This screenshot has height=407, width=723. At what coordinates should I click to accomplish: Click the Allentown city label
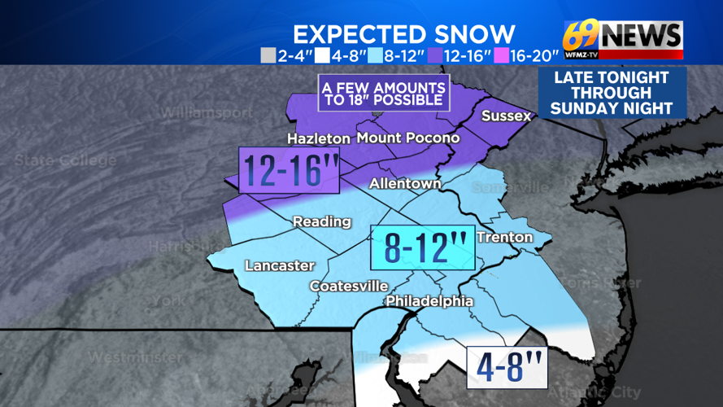pos(405,184)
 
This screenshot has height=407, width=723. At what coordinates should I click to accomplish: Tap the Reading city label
pos(321,221)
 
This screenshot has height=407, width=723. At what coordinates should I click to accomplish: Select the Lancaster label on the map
pos(279,265)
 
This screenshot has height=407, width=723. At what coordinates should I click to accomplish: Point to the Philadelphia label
pos(429,301)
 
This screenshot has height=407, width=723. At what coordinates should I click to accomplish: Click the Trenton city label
pos(504,237)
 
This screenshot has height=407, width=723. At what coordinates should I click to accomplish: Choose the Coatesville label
pos(348,286)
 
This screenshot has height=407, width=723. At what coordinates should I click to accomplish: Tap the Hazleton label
pos(319,138)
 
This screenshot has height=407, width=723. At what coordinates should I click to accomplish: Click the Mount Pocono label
pos(407,138)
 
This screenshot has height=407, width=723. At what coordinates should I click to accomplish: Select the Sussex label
pos(506,116)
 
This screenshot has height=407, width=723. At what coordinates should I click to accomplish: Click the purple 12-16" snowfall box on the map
pos(289,170)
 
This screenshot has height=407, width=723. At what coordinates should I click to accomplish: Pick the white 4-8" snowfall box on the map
pos(506,368)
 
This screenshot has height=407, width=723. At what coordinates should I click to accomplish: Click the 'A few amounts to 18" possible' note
pos(384,93)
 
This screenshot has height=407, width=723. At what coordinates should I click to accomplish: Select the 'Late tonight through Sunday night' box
pos(612,93)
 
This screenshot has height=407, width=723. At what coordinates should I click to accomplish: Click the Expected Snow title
pos(403,34)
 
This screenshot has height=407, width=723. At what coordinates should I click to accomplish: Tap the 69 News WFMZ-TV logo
pos(623,38)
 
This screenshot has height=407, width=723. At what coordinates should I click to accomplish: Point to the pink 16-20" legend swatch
pos(502,56)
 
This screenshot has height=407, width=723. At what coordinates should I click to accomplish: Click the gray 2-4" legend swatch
pos(267,56)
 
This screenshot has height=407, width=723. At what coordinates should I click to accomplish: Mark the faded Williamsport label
pos(207,113)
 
